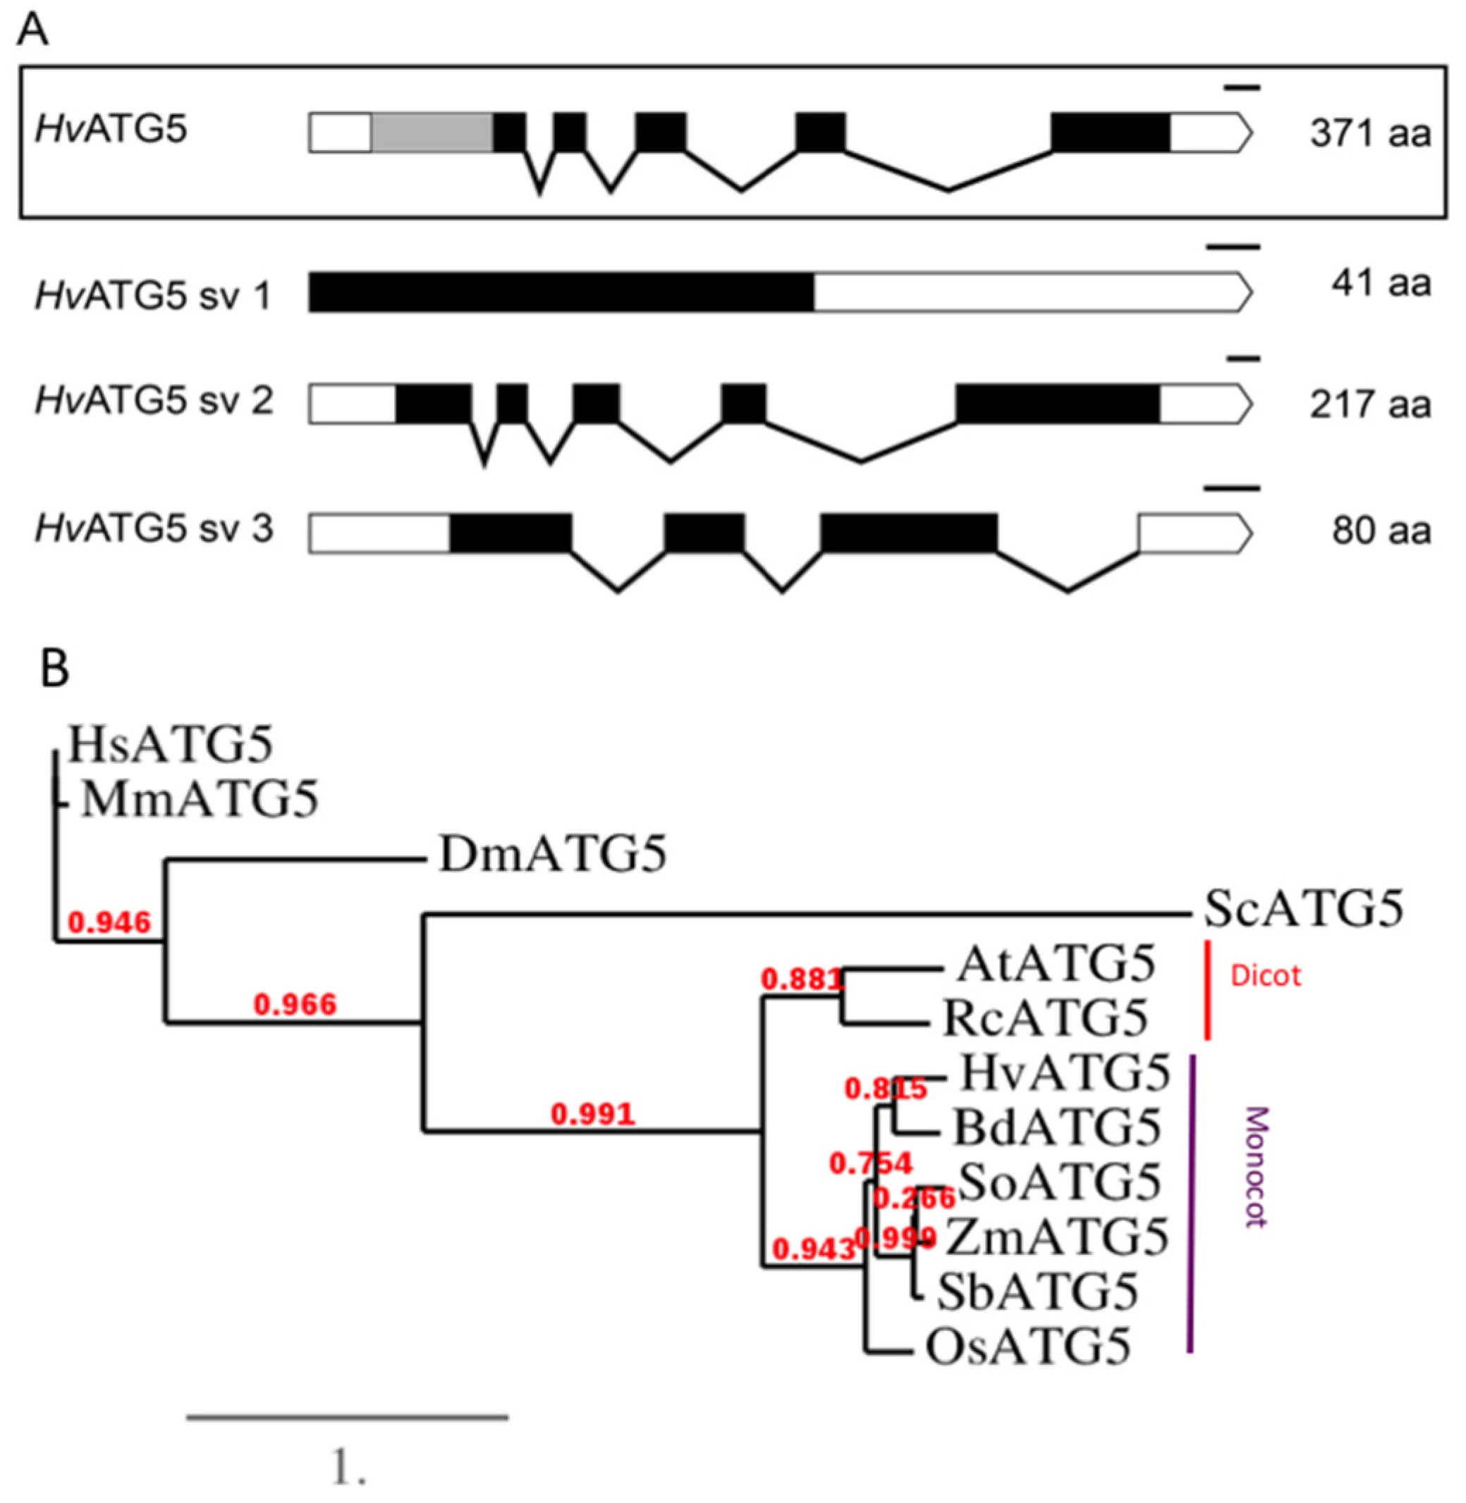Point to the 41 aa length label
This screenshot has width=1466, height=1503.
coord(1381,283)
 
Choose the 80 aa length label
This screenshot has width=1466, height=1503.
coord(1381,531)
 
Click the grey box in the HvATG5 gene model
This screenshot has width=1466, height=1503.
coord(432,132)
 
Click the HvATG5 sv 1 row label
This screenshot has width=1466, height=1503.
coord(153,295)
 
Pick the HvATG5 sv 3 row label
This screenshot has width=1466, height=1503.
coord(153,529)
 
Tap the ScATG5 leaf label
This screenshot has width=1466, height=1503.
coord(1303,909)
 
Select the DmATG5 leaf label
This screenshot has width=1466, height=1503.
coord(551,854)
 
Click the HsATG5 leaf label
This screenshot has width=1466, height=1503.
coord(170,745)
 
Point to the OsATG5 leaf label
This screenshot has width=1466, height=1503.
coord(1028,1347)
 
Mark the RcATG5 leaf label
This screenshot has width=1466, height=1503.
coord(1045,1018)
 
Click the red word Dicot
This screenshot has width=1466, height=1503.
coord(1266,976)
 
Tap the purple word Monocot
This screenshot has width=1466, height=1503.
coord(1255,1167)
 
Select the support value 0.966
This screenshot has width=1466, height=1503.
coord(295,1003)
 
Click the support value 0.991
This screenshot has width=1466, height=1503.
coord(593,1113)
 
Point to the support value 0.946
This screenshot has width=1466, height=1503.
coord(109,921)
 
